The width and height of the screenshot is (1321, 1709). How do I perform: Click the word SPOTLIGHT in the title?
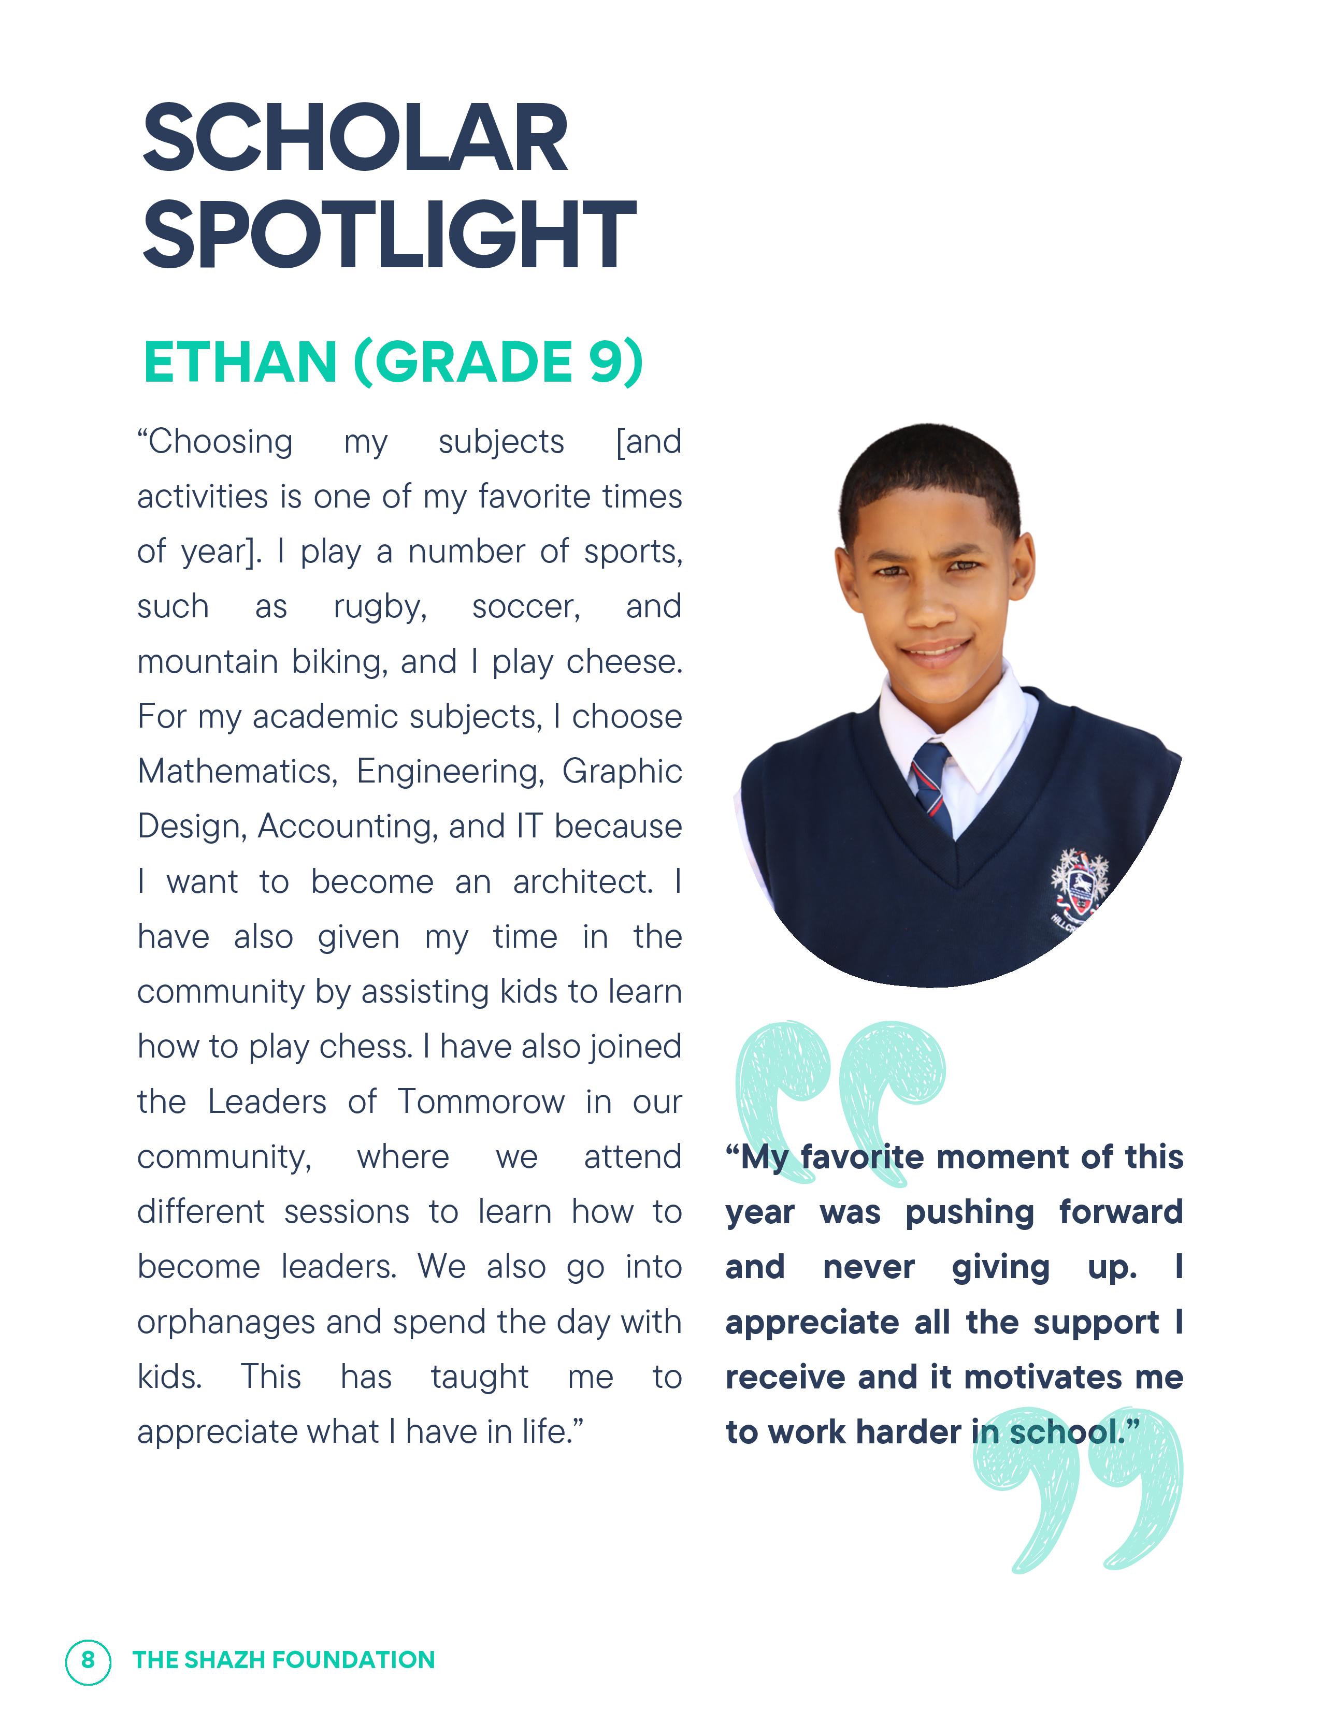[x=389, y=234]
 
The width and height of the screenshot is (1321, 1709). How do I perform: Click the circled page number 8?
[x=88, y=1660]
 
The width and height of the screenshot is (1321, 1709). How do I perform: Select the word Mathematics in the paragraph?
[x=236, y=772]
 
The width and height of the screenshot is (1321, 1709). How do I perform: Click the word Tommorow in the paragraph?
[x=481, y=1102]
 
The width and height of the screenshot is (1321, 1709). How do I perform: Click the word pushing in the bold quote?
[x=970, y=1212]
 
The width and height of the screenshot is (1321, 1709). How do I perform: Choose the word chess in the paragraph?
[x=365, y=1047]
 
